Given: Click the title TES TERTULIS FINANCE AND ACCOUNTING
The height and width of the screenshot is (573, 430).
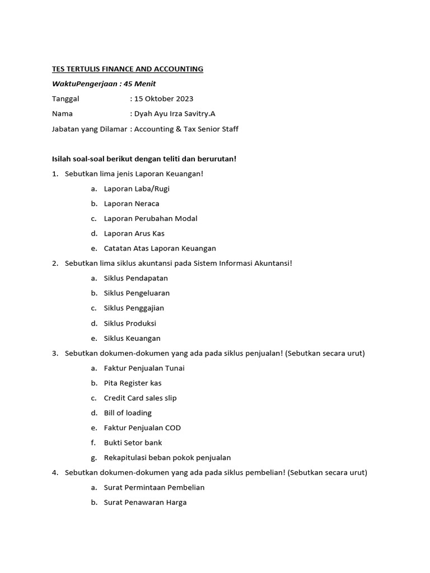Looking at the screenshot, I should (x=128, y=69).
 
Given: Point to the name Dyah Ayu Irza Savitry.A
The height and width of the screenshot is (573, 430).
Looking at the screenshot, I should (x=174, y=114).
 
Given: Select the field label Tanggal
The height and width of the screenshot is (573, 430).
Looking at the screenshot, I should (x=66, y=98).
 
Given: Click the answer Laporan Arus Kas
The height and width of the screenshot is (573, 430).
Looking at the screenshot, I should (x=134, y=233).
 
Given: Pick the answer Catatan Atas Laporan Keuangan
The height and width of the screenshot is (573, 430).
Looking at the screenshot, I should (x=160, y=248).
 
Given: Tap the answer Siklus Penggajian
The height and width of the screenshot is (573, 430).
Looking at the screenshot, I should (x=134, y=308).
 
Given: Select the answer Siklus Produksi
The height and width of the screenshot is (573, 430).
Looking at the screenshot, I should (x=130, y=323).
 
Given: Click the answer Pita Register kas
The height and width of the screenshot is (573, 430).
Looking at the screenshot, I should (x=133, y=383).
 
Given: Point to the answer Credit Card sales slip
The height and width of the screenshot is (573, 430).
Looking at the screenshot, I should (x=140, y=398).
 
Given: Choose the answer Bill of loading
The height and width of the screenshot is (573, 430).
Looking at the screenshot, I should (x=128, y=412).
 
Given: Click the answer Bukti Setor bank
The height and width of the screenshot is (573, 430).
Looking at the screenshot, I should (x=133, y=443).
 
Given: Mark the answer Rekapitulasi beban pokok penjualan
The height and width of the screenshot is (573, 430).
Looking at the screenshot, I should (x=167, y=457).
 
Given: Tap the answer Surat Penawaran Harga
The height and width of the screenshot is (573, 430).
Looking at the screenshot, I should (x=145, y=502).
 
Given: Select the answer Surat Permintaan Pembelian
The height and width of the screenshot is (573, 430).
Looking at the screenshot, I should (x=154, y=487).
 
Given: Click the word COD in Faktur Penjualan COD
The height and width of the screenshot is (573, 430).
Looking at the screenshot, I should (x=172, y=428).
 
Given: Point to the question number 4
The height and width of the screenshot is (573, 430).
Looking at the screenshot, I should (x=55, y=472).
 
